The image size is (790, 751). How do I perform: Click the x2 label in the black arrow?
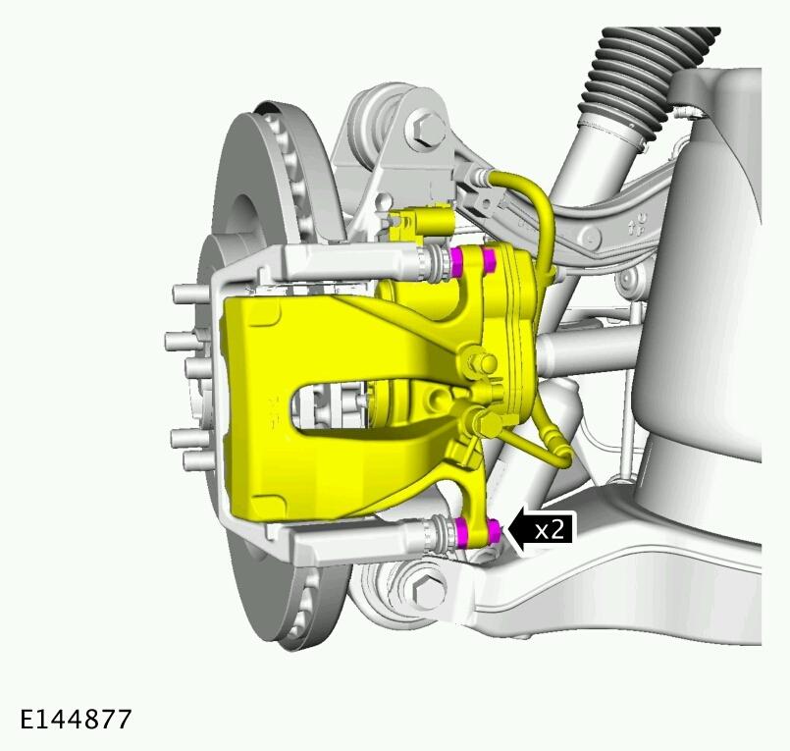coord(550,530)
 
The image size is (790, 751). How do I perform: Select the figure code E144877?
coord(76,719)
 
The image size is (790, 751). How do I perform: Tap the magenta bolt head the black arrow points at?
coord(494,532)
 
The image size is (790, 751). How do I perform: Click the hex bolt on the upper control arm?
coord(425,129)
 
